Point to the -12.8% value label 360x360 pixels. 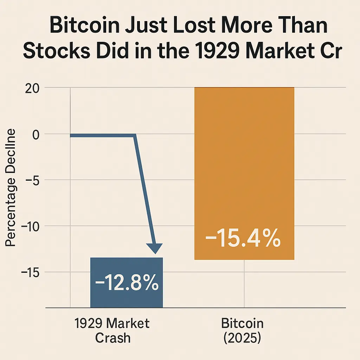point(127,283)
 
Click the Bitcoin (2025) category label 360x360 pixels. point(242,330)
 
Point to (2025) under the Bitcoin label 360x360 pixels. point(242,338)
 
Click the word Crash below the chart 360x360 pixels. point(112,338)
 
